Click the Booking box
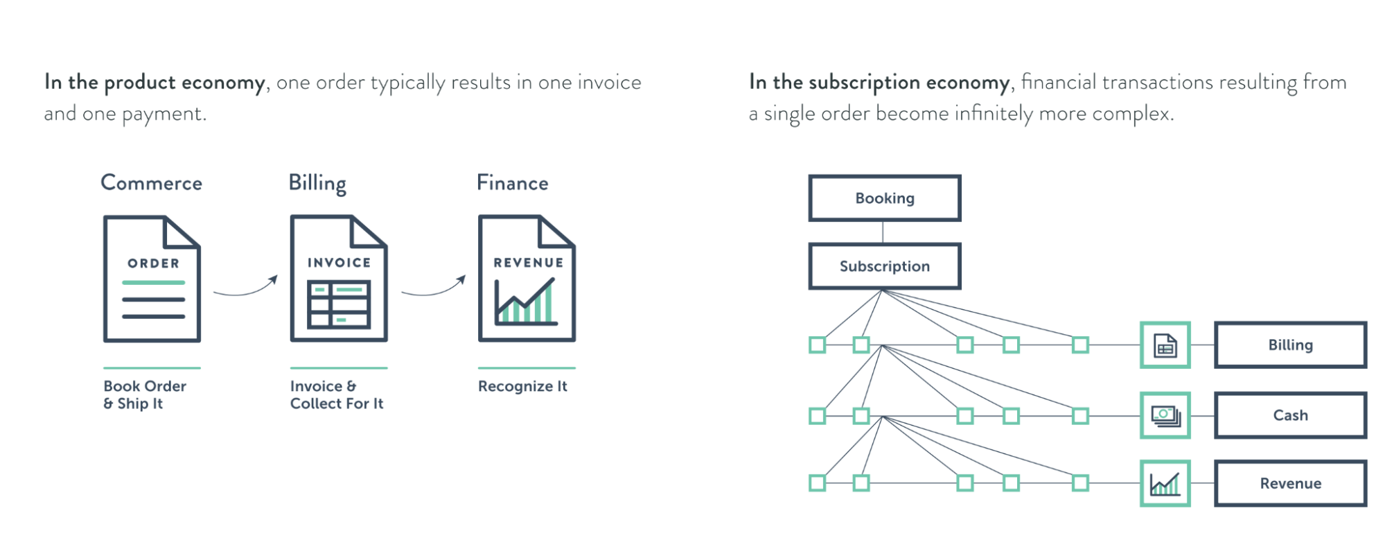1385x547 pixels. (x=884, y=198)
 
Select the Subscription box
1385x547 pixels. (x=884, y=266)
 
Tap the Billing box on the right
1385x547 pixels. (x=1289, y=345)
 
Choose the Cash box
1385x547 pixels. (x=1289, y=415)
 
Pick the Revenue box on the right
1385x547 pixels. (x=1289, y=483)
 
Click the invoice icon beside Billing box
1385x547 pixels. (x=1165, y=345)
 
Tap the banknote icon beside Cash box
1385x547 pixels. (x=1165, y=415)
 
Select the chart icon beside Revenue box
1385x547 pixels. (x=1165, y=483)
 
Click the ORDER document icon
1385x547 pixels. (x=152, y=279)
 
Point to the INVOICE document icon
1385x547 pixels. (x=338, y=279)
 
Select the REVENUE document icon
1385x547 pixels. (x=527, y=279)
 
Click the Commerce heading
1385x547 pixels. (x=151, y=183)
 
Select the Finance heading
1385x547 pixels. (x=512, y=183)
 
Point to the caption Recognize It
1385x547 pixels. (x=522, y=386)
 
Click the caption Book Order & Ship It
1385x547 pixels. (x=144, y=394)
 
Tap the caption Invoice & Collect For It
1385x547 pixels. (x=336, y=394)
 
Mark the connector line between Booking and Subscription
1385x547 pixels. (x=883, y=232)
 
